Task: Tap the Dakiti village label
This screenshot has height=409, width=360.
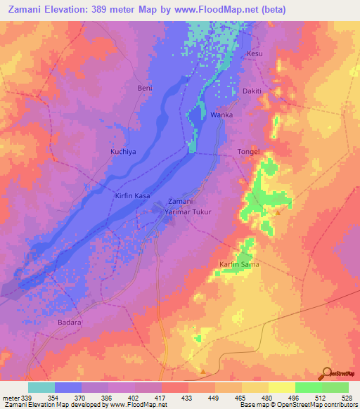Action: coord(252,91)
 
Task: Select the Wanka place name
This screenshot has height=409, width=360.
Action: coord(221,114)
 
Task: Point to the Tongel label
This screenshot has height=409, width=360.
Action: coord(249,151)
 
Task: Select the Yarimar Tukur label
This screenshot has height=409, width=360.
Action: coord(188,211)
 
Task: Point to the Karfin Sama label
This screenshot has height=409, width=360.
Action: coord(235,264)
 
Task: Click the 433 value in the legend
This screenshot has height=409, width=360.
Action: coord(188,397)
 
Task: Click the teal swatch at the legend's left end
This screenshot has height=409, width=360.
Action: coord(41,387)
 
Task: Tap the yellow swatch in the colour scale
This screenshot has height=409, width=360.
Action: coord(281,387)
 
